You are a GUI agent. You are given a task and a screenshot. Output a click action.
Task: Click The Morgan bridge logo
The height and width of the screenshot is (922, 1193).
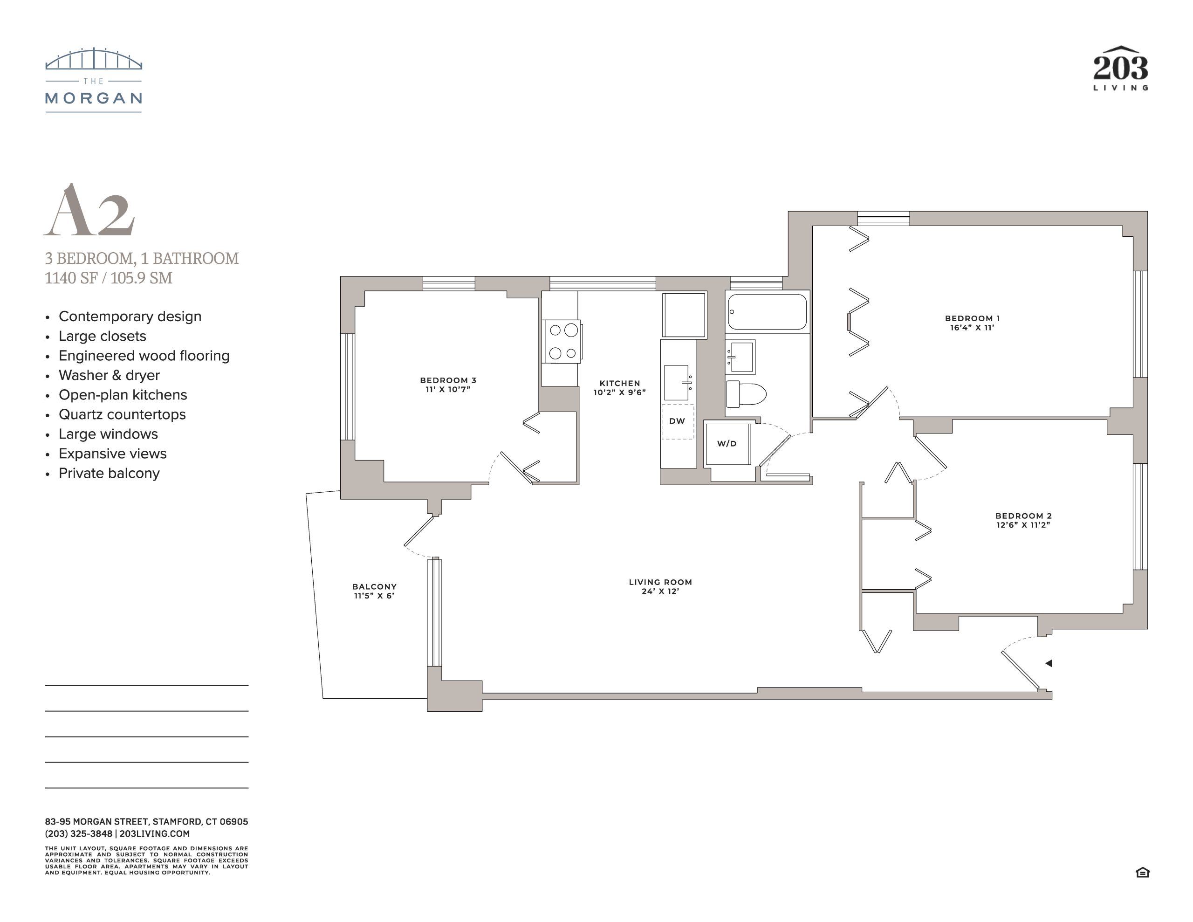(x=93, y=80)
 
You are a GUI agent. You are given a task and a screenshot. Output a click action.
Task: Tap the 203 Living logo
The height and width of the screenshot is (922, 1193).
(x=1120, y=69)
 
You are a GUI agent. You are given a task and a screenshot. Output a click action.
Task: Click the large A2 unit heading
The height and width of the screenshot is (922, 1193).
(x=89, y=210)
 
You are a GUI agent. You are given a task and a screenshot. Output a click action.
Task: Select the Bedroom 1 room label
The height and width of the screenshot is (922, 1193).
(x=972, y=323)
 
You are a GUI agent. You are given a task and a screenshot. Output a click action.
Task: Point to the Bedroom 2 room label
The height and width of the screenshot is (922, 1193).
(x=1023, y=520)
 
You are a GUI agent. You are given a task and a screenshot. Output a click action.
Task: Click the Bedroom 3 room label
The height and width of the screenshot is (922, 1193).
(x=448, y=385)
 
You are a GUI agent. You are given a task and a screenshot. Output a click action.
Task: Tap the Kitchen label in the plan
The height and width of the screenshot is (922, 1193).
(x=619, y=387)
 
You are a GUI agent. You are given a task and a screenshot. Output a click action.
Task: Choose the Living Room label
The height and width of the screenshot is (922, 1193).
(x=660, y=586)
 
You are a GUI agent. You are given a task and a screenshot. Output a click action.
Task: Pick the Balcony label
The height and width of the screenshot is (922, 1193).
(x=374, y=591)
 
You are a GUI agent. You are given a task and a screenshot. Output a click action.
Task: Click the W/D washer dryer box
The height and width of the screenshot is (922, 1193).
(x=727, y=443)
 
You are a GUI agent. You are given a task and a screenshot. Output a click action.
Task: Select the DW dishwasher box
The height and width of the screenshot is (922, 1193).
(x=677, y=421)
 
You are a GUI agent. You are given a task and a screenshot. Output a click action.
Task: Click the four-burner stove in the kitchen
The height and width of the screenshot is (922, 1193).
(x=562, y=342)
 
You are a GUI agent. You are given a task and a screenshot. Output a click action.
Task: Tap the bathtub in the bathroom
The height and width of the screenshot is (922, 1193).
(x=767, y=311)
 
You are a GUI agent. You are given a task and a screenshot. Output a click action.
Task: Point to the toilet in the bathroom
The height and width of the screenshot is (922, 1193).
(x=746, y=393)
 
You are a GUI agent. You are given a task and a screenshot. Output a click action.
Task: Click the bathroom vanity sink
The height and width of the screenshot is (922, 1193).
(x=740, y=357)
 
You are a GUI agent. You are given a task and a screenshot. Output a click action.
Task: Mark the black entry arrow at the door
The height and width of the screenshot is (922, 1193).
(x=1049, y=663)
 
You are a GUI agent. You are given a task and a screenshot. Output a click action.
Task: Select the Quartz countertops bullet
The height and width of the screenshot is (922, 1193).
(x=116, y=414)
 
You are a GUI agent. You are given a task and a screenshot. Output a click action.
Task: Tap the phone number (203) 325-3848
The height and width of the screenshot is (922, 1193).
(x=79, y=833)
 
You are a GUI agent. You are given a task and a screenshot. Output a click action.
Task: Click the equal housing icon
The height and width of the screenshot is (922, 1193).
(x=1142, y=873)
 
